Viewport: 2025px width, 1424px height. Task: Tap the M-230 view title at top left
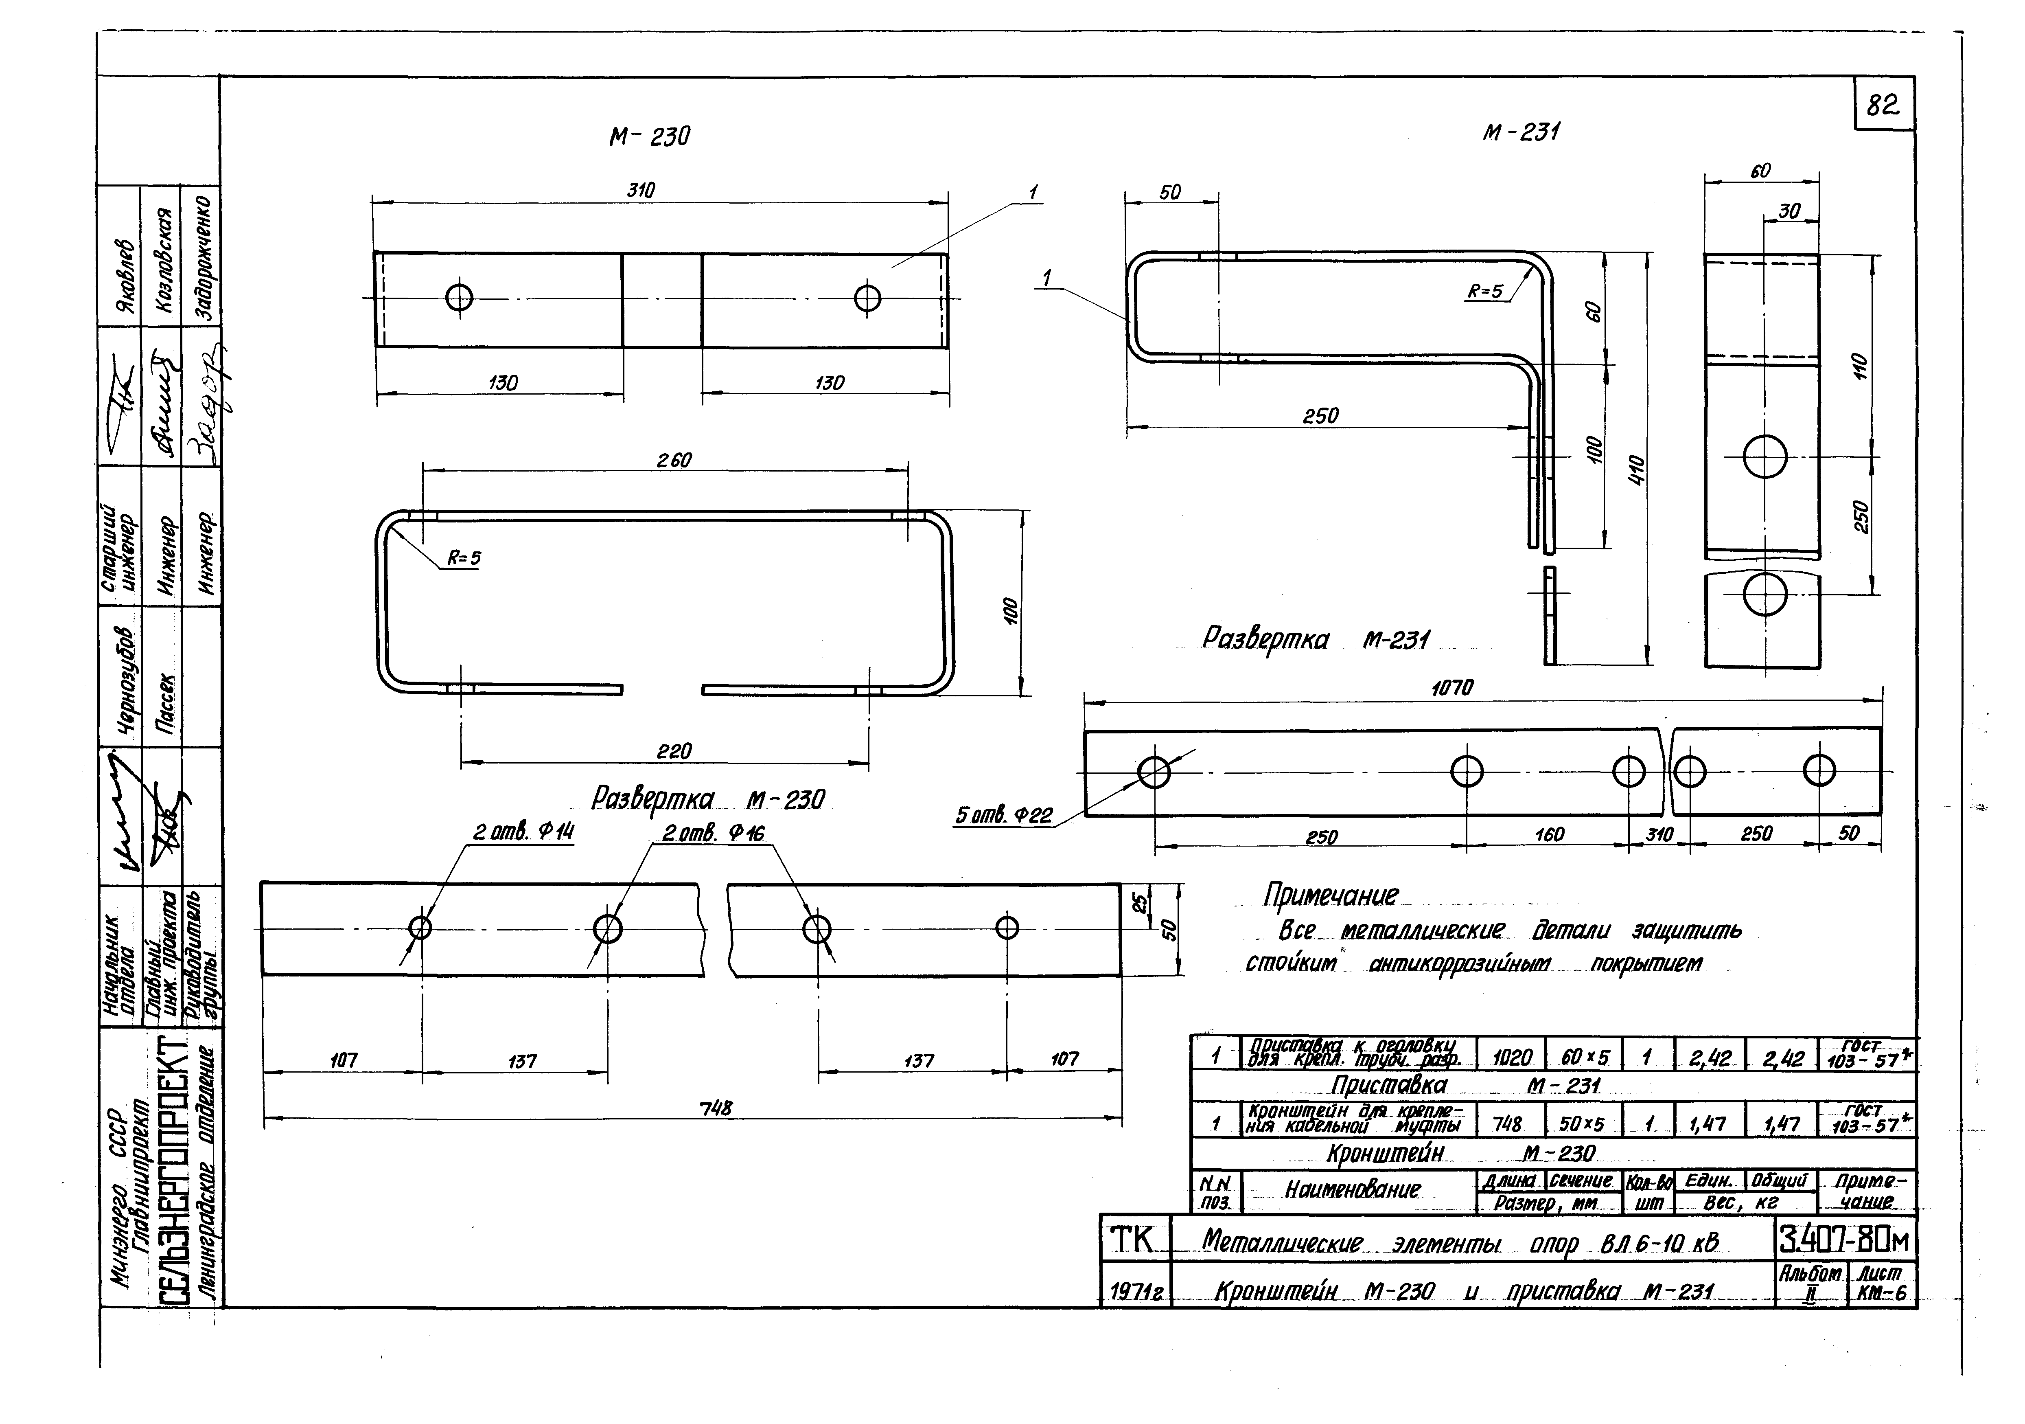(649, 137)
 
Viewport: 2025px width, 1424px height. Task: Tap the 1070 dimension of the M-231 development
(1452, 687)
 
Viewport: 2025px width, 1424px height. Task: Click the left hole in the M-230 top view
(460, 297)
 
